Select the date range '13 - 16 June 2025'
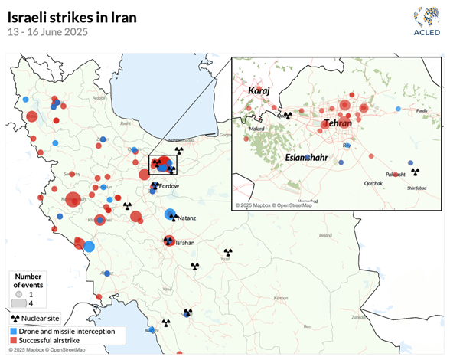(x=47, y=32)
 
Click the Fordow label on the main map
(x=170, y=186)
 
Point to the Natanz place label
(x=187, y=218)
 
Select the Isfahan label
(x=186, y=243)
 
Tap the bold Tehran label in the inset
(x=337, y=123)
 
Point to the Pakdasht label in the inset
(x=395, y=175)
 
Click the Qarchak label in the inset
(x=373, y=184)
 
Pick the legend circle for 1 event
(x=24, y=293)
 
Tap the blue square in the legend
(x=15, y=331)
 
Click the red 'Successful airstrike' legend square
(x=15, y=339)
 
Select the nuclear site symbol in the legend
(x=15, y=318)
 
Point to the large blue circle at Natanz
(x=170, y=214)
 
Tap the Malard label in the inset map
(x=256, y=129)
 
